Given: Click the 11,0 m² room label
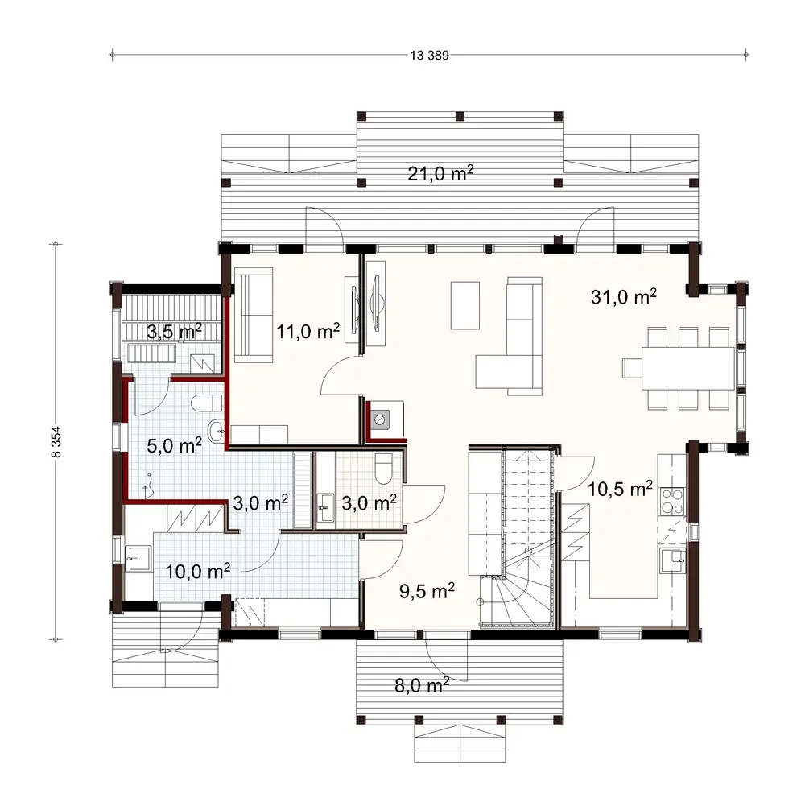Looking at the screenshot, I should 307,330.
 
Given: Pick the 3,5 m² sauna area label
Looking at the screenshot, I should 173,330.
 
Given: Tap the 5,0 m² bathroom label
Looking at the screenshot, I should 173,444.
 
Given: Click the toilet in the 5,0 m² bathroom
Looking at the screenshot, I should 207,403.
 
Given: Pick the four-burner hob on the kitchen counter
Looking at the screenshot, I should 671,502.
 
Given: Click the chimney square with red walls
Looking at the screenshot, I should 382,419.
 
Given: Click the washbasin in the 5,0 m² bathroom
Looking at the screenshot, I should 217,432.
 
